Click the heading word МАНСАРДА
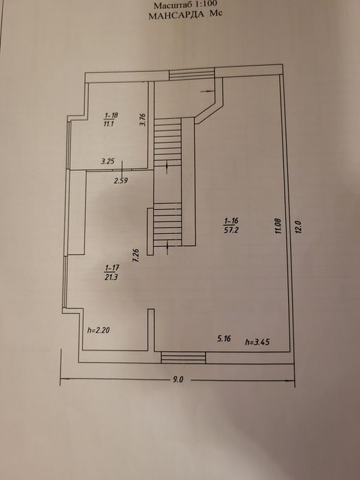coord(176,14)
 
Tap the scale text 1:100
coord(206,4)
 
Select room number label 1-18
coord(111,115)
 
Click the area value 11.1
coord(109,123)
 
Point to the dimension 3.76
coord(143,120)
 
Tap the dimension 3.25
coord(108,161)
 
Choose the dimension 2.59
coord(121,180)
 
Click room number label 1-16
coord(232,221)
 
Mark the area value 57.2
coord(231,230)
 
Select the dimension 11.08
coord(278,226)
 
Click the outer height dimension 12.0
coord(299,228)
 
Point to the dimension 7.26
coord(136,255)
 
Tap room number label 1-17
coord(112,268)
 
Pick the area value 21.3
coord(111,277)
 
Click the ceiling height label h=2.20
coord(99,331)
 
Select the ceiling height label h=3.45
coord(257,341)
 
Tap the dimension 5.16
coord(224,339)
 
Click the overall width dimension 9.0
coord(178,380)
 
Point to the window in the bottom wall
coord(183,357)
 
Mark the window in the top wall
coord(192,75)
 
